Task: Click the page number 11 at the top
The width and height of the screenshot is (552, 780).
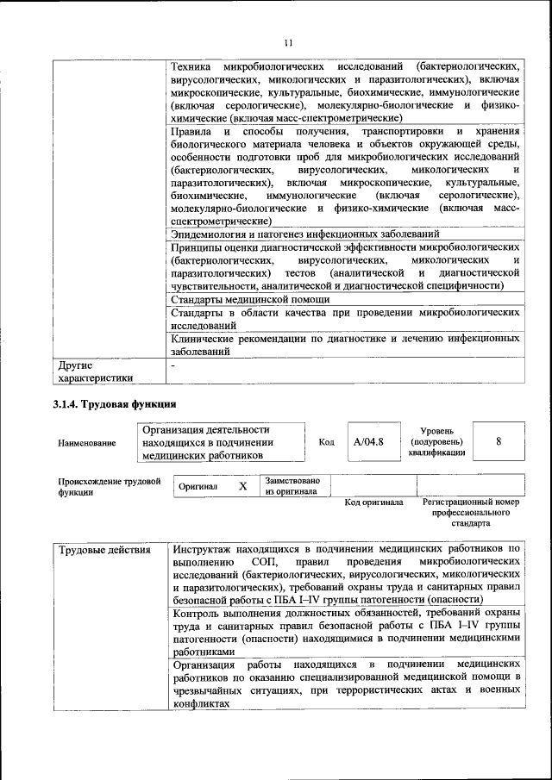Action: (288, 42)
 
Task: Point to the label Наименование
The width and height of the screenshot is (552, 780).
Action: (87, 443)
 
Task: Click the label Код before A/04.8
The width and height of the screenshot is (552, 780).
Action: (326, 442)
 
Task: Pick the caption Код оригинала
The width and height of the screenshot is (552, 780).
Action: (373, 502)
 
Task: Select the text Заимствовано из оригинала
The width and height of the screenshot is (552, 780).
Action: (292, 486)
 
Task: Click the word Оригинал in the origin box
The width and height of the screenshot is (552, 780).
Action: (198, 487)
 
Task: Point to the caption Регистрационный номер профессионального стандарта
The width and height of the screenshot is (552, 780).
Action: (470, 512)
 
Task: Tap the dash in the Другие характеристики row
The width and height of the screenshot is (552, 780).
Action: (173, 365)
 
